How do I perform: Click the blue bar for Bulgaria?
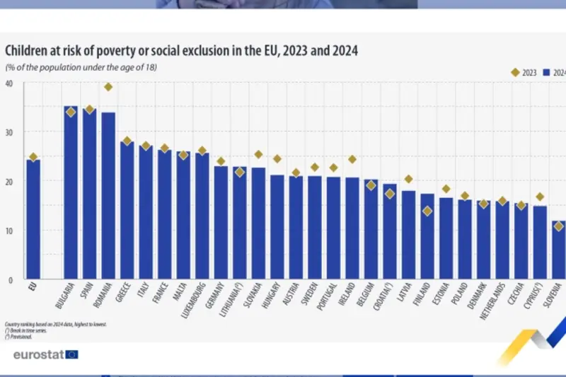[x=71, y=195]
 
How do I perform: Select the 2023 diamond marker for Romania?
[x=108, y=87]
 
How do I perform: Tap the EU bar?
[x=33, y=219]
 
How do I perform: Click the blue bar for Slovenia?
[x=559, y=251]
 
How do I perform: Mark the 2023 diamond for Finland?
[x=427, y=211]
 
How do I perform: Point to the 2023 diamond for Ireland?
[x=352, y=159]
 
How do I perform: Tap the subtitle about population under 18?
[x=81, y=67]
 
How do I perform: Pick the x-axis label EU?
[x=33, y=289]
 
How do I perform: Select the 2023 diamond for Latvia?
[x=408, y=179]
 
